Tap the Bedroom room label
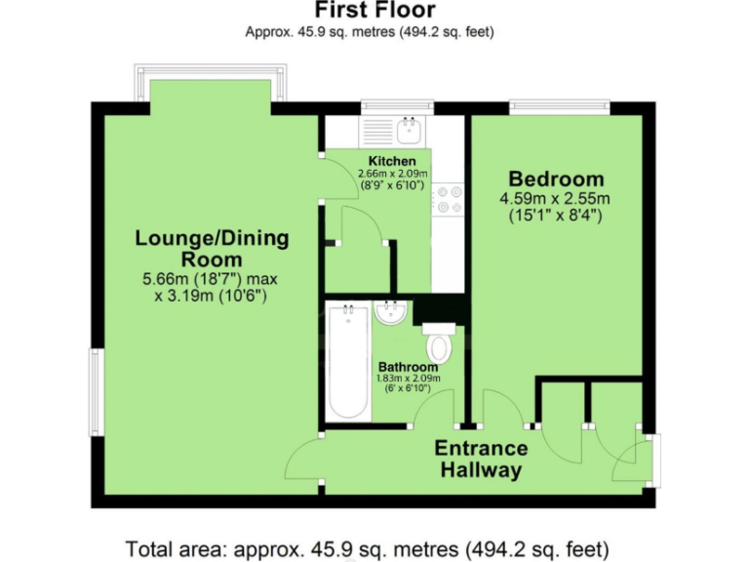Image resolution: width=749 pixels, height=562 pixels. pyautogui.click(x=556, y=180)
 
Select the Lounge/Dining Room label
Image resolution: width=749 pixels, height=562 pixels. pyautogui.click(x=212, y=249)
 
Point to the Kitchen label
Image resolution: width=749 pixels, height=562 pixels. pyautogui.click(x=392, y=161)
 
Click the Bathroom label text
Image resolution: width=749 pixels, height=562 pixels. pyautogui.click(x=409, y=368)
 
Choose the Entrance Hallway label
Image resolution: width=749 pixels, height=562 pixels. pyautogui.click(x=481, y=460)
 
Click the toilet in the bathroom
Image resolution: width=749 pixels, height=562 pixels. pyautogui.click(x=439, y=343)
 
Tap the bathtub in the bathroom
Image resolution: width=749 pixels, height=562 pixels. pyautogui.click(x=347, y=362)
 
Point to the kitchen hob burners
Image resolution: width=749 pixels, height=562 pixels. pyautogui.click(x=449, y=199)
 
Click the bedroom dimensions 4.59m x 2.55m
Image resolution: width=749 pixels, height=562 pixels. pyautogui.click(x=555, y=199)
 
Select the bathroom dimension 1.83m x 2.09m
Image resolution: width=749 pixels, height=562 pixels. pyautogui.click(x=409, y=380)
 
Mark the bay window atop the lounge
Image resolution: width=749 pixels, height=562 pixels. pyautogui.click(x=211, y=83)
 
